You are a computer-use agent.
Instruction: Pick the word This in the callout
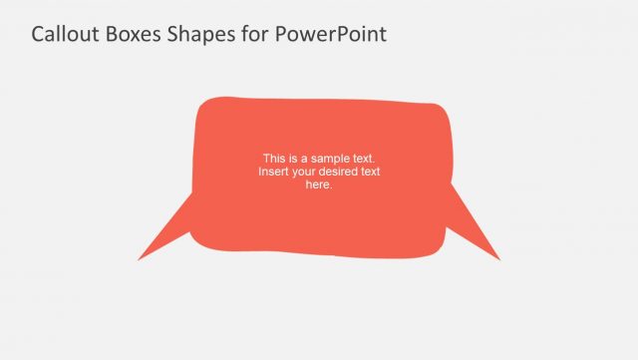pos(274,159)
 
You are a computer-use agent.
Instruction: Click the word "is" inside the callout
pos(293,159)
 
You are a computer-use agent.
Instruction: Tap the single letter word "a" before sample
pos(305,159)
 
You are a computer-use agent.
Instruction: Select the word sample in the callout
pos(330,159)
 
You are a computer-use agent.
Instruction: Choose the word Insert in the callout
pos(273,172)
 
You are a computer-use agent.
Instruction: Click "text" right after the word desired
pos(371,172)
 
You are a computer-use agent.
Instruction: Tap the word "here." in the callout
pos(319,184)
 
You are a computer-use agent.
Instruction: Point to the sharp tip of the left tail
pos(140,259)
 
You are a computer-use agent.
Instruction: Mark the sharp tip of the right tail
pos(498,259)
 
